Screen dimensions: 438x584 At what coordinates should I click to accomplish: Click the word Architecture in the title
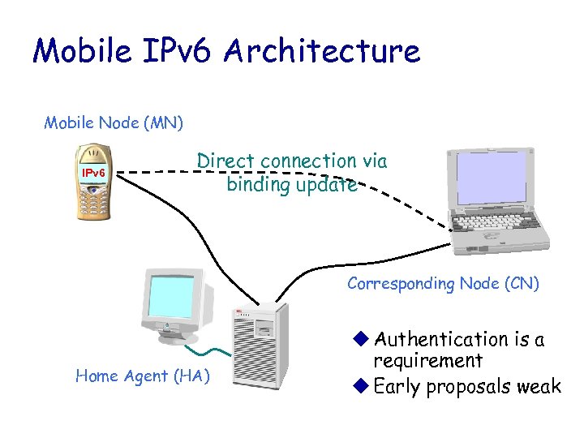coord(323,51)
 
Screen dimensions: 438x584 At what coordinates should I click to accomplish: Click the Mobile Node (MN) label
coord(114,123)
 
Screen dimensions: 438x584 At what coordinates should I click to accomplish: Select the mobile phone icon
coord(93,182)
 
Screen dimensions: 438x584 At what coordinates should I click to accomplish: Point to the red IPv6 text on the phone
coord(93,173)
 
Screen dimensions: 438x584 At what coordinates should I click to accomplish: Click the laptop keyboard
coord(494,224)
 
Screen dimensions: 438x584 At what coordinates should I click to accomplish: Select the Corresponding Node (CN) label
coord(443,284)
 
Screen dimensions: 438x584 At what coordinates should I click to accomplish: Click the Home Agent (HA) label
coord(142,376)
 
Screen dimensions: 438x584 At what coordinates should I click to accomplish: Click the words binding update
coord(291,184)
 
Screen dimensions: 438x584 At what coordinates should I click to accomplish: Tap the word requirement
coord(427,360)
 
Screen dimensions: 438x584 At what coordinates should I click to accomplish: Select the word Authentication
coord(441,338)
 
